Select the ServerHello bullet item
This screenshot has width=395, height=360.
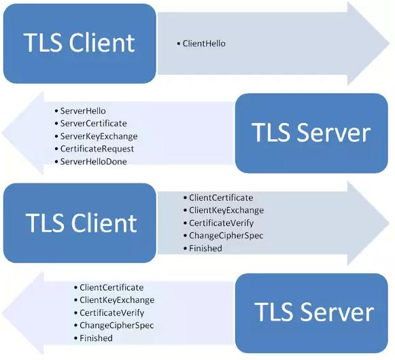tap(83, 111)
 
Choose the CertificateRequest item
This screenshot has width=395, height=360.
tap(97, 149)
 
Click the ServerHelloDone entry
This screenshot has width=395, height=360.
tap(93, 162)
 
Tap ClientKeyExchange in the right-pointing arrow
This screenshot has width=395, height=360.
tap(226, 210)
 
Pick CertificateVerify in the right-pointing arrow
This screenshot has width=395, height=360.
tap(221, 223)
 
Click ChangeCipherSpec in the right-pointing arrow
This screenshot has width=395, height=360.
tap(226, 236)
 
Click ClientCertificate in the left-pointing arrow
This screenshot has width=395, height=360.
tap(111, 287)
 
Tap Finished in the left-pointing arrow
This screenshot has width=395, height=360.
tap(96, 338)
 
